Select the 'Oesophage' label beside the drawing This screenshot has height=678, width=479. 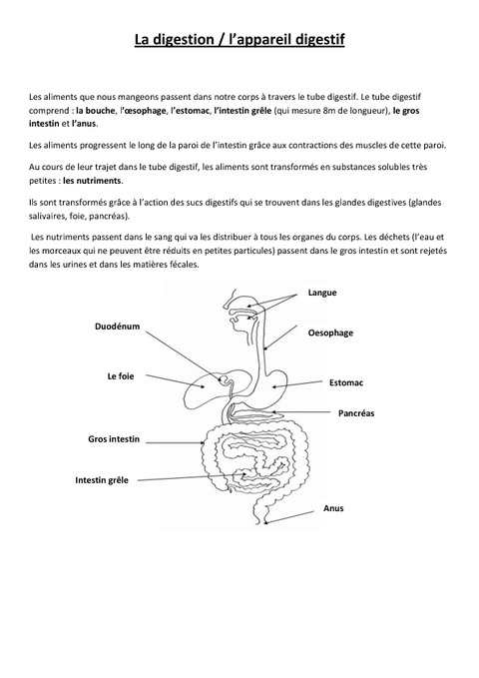tap(330, 333)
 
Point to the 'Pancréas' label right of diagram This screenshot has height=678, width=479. tap(356, 411)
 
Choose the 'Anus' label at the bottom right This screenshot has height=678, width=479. tap(333, 507)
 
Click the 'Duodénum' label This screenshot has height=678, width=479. tap(116, 326)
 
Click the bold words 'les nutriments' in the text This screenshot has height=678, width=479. tap(93, 182)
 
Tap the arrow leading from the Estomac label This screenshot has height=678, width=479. tap(298, 384)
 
